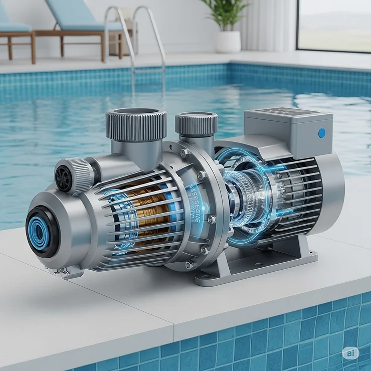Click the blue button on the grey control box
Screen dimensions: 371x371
point(321,133)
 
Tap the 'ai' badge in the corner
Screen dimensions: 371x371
point(351,353)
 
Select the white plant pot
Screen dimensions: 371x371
point(228,41)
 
